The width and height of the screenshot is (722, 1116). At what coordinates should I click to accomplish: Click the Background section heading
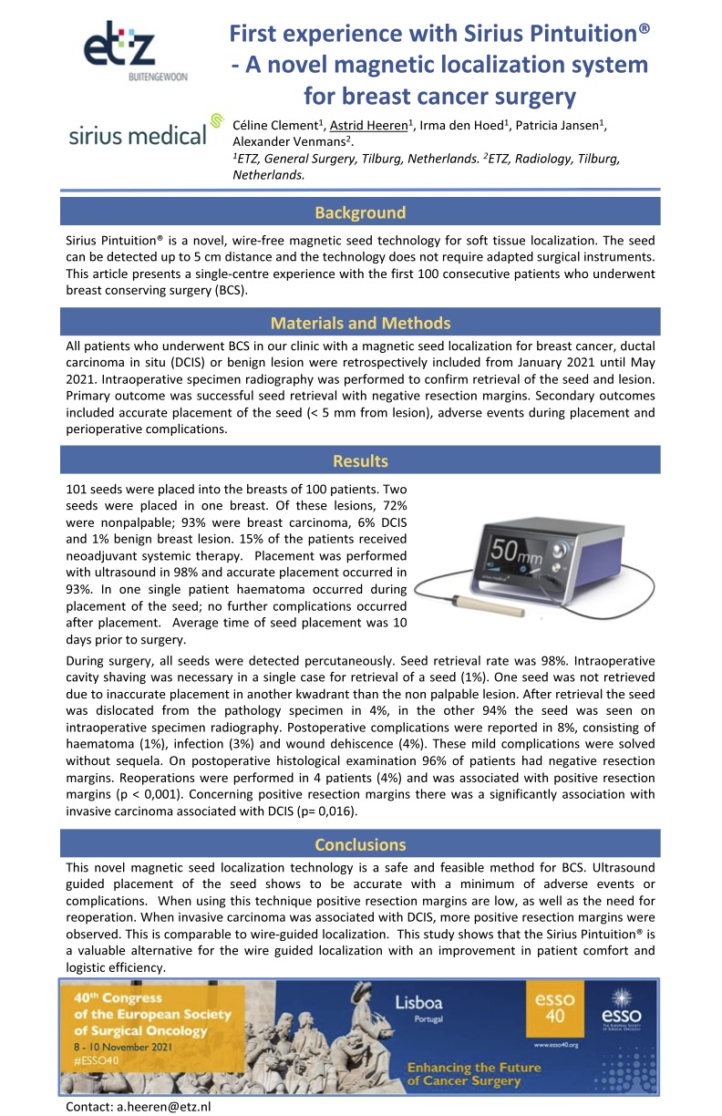tap(360, 212)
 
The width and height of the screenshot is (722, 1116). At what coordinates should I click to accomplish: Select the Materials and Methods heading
tap(360, 323)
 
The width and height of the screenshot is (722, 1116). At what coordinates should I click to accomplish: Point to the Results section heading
tap(360, 460)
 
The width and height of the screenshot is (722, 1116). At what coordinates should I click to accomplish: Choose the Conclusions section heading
tap(360, 844)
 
